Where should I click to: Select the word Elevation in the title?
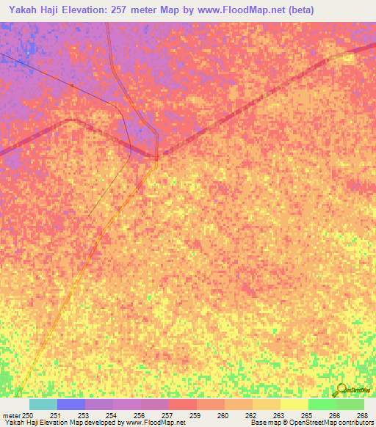(x=95, y=10)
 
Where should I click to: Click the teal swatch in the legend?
(x=43, y=404)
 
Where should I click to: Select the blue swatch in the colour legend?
(x=70, y=404)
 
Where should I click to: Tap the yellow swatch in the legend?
(x=294, y=404)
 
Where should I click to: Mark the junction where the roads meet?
(x=156, y=156)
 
